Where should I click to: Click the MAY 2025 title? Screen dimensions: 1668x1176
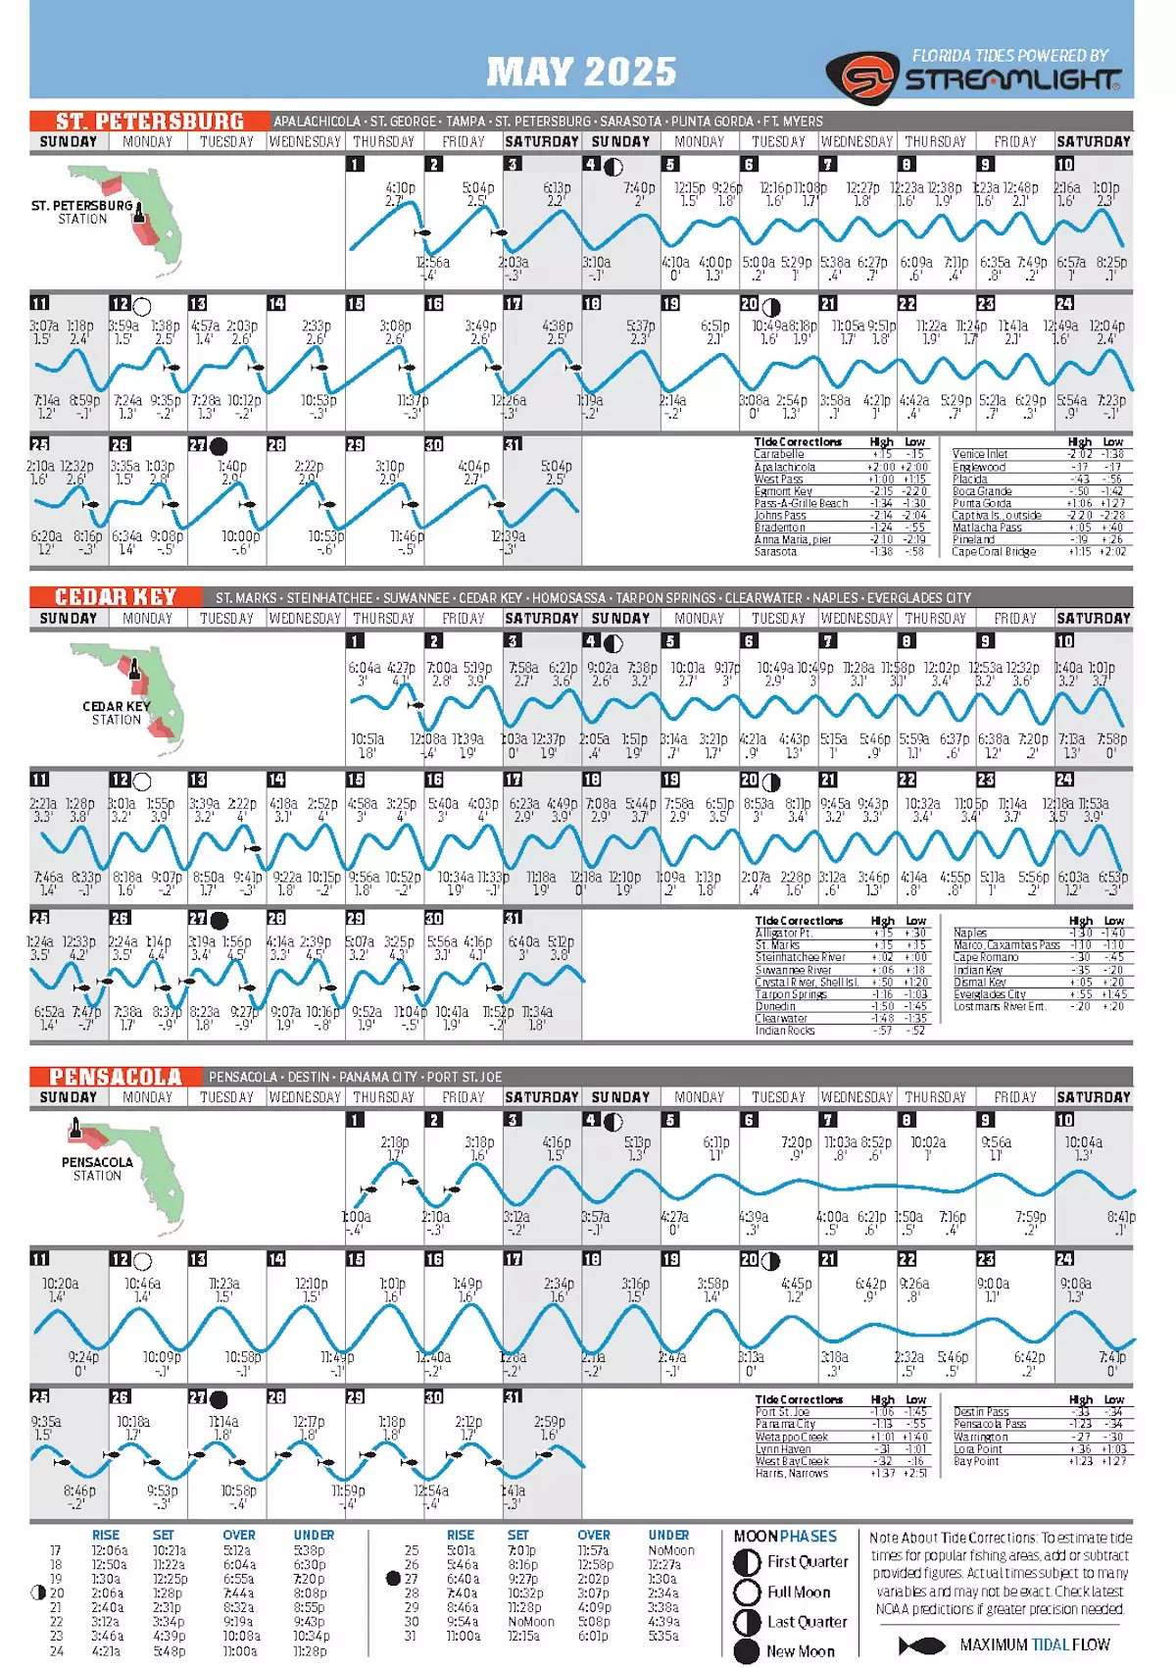[581, 72]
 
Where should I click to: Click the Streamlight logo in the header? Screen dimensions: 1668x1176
[972, 77]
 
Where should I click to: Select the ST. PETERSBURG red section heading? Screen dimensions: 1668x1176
[149, 122]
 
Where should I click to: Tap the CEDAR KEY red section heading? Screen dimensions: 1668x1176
[115, 597]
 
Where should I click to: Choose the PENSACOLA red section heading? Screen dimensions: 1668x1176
[116, 1077]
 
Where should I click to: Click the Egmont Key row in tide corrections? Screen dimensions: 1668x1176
[784, 491]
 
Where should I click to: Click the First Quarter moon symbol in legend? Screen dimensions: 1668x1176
[748, 1562]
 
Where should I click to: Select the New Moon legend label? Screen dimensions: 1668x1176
[800, 1651]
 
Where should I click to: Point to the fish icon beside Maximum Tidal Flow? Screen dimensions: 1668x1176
[921, 1645]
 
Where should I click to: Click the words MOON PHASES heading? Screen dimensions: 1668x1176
[785, 1537]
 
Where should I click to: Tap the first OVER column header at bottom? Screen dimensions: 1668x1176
[238, 1535]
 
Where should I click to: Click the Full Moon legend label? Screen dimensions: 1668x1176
[798, 1592]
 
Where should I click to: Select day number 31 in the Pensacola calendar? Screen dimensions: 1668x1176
[513, 1397]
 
